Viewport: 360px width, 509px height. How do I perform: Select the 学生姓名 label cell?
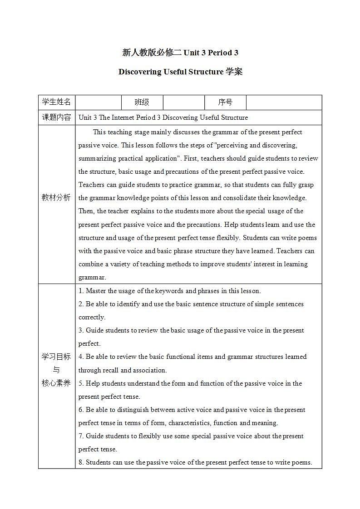click(56, 102)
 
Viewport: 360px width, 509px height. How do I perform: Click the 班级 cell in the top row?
click(142, 103)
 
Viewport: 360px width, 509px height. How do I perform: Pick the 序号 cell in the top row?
click(225, 103)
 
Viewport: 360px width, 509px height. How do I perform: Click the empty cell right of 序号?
click(284, 103)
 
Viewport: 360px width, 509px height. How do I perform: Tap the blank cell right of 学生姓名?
click(98, 103)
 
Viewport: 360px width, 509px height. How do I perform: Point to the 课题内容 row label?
click(56, 117)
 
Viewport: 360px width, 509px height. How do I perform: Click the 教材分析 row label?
click(56, 198)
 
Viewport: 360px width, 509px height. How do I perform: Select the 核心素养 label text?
click(56, 383)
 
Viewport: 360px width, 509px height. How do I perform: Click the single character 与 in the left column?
click(56, 370)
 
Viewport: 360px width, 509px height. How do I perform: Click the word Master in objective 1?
click(96, 291)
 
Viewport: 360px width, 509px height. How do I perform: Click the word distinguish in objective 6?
click(135, 410)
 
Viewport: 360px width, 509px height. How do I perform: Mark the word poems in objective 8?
click(301, 462)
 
